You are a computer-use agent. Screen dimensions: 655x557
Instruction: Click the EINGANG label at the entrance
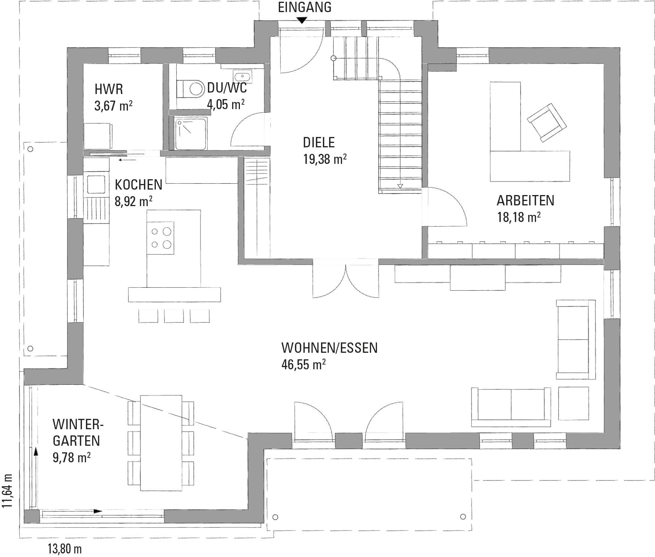click(304, 7)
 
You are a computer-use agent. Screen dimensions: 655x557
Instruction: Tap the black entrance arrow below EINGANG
click(302, 21)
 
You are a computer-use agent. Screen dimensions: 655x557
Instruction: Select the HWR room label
click(109, 89)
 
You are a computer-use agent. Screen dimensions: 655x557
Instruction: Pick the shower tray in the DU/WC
click(191, 133)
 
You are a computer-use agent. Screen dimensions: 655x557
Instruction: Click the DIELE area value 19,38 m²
click(325, 159)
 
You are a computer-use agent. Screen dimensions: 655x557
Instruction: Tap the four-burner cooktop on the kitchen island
click(161, 238)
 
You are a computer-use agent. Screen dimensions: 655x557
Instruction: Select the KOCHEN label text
click(139, 185)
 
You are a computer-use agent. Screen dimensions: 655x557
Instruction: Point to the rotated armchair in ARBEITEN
click(547, 123)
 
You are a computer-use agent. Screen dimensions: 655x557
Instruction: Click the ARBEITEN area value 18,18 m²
click(519, 217)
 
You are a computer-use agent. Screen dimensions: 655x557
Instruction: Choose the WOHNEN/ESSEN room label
click(329, 348)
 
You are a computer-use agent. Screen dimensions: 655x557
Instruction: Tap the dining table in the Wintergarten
click(161, 443)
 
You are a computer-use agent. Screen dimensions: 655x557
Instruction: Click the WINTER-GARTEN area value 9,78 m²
click(72, 457)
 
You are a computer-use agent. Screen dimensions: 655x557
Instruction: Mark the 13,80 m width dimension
click(64, 549)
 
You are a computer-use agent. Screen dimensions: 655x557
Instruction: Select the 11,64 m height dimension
click(7, 491)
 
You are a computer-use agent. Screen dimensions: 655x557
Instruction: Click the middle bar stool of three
click(174, 316)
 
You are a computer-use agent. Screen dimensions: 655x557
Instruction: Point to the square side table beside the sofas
click(574, 403)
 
